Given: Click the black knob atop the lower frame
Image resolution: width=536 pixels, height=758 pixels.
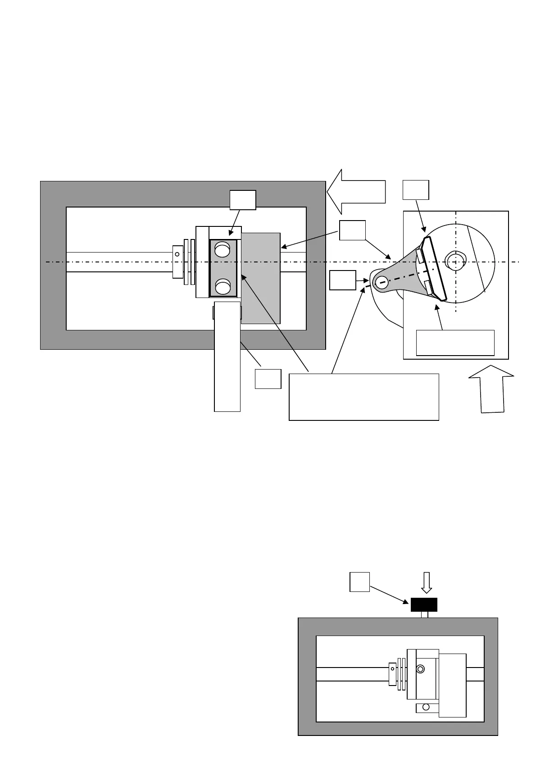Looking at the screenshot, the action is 424,605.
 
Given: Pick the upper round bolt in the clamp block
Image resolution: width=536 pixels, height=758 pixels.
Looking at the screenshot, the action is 223,249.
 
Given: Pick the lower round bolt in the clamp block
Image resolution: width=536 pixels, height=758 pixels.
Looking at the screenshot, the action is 223,286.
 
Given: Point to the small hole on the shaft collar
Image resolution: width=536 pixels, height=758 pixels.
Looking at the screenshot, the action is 177,254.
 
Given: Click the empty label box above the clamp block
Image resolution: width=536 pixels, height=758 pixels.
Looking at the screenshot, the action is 243,200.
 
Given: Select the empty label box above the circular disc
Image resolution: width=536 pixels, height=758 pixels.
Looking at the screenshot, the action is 415,190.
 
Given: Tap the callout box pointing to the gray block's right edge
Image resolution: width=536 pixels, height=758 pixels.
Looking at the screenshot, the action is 352,230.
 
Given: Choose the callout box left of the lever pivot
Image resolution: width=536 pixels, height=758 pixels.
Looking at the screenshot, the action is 343,280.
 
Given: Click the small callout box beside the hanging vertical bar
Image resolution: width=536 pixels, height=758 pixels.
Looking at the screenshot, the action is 268,379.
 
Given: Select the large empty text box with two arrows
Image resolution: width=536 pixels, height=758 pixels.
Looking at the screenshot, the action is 363,397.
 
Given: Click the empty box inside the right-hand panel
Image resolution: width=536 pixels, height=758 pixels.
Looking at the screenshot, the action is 455,343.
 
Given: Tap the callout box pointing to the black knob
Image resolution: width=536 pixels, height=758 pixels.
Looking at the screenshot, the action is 359,582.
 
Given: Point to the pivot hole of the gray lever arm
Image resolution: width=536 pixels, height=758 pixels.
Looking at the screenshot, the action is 381,283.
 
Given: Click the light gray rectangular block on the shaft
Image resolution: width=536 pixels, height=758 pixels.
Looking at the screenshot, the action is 260,278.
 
